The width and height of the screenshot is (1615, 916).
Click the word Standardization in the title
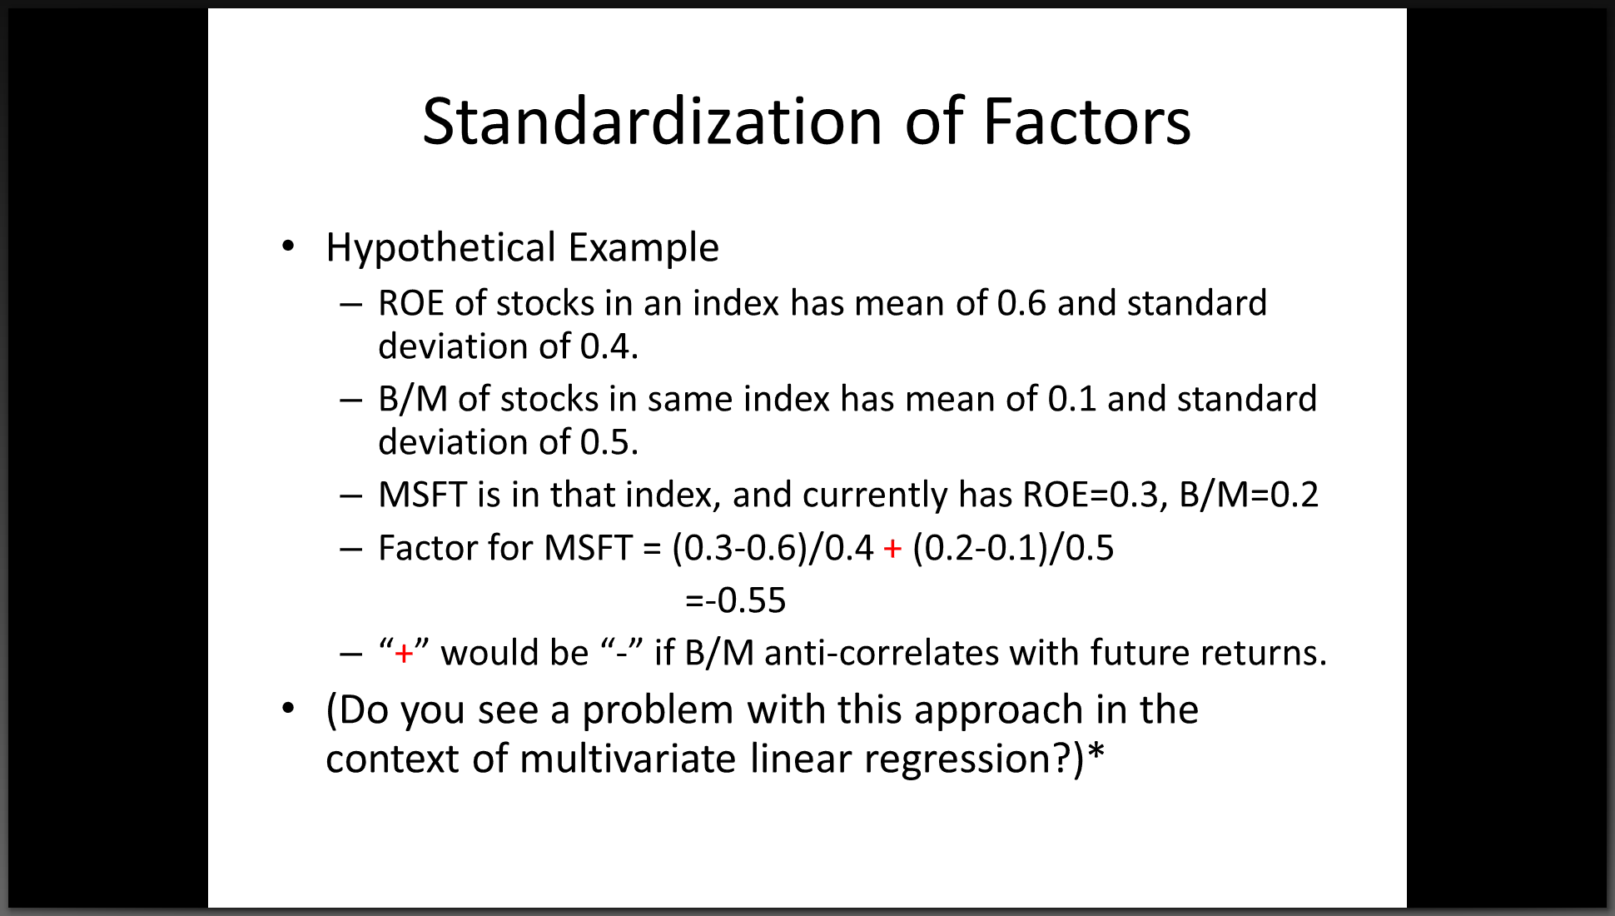coord(652,122)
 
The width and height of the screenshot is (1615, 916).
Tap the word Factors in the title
coord(1086,122)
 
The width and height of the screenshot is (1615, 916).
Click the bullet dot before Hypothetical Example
coord(288,246)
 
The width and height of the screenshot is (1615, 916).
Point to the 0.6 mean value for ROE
coord(1021,303)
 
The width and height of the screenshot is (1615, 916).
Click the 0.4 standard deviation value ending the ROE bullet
coord(609,346)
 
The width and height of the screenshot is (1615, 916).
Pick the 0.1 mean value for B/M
coord(1071,399)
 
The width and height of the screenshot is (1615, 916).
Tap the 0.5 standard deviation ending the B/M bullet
coord(609,442)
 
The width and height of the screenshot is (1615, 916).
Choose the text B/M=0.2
coord(1249,495)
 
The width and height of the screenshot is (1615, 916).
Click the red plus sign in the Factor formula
coord(892,549)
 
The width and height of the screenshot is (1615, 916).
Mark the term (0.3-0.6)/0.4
coord(773,549)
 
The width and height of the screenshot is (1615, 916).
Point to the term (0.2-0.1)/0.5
coord(1013,549)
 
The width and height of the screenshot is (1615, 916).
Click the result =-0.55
coord(735,600)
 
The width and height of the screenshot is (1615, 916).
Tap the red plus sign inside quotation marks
coord(404,654)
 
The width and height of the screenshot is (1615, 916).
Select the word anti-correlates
coord(882,654)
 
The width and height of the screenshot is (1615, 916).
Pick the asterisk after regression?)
coord(1096,751)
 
